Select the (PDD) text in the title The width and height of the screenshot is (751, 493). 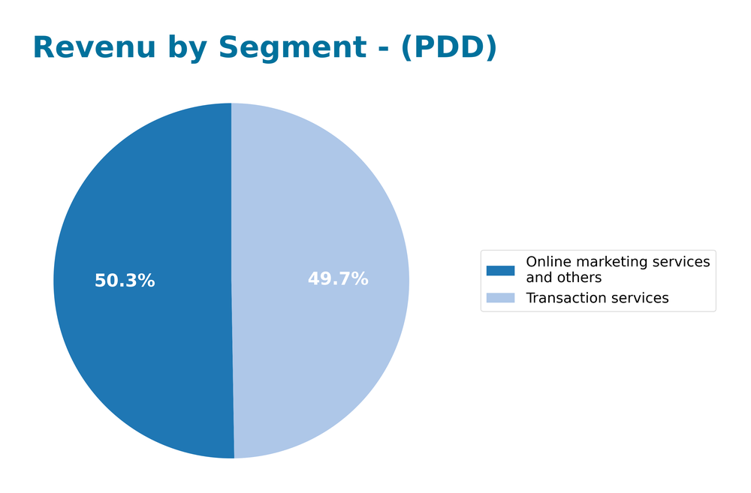click(448, 48)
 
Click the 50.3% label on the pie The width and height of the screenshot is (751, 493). click(125, 281)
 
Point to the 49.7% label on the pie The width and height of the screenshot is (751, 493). click(338, 279)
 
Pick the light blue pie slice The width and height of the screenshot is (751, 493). click(323, 345)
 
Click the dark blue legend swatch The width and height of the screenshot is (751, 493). click(500, 270)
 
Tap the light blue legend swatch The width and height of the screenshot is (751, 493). click(500, 298)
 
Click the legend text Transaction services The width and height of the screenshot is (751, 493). click(597, 298)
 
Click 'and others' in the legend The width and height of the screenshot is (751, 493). click(563, 278)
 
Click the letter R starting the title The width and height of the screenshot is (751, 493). click(44, 48)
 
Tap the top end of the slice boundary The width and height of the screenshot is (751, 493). click(231, 104)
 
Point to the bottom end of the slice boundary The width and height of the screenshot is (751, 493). click(234, 457)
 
